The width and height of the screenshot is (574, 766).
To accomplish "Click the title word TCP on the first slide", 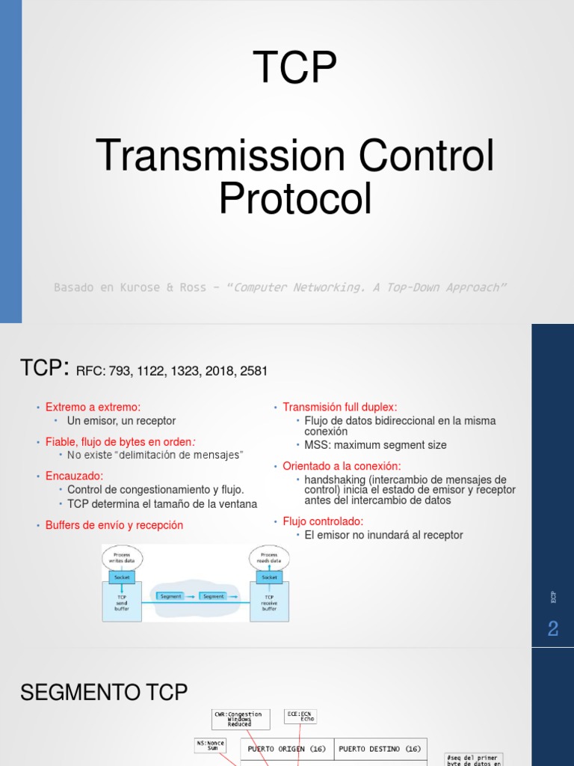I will pos(294,67).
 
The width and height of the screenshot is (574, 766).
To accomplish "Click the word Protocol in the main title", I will pos(294,198).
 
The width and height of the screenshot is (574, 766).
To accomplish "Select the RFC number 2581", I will pos(253,371).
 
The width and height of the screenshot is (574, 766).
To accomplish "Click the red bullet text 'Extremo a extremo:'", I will pos(93,407).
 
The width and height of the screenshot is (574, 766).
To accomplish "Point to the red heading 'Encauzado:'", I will pos(74,476).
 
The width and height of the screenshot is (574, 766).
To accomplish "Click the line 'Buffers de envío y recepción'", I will pos(114,525).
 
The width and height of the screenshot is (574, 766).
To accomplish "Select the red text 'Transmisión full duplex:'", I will pos(339,407).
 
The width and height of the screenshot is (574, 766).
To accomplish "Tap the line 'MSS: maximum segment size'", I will pos(375,445).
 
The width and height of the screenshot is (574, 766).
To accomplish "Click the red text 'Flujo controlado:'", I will pos(323,521).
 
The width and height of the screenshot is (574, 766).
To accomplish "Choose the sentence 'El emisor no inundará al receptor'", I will pos(383,535).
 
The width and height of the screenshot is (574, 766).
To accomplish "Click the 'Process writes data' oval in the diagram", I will pos(122,557).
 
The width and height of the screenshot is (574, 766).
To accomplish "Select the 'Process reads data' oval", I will pos(269,557).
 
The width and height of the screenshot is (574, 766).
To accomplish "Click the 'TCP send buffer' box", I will pos(122,602).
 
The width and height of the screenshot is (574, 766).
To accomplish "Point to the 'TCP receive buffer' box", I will pos(269,602).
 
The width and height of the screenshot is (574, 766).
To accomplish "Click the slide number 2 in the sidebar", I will pos(552,629).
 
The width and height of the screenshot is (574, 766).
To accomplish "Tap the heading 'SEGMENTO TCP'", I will pos(104,693).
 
